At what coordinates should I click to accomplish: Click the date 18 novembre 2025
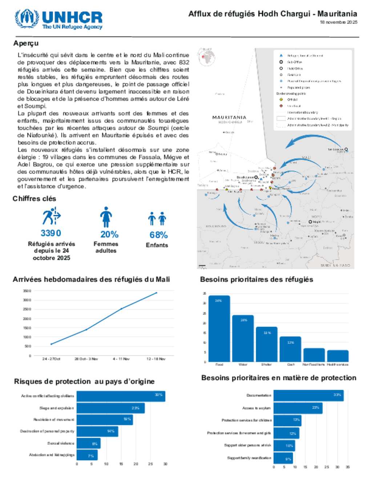pos(338,22)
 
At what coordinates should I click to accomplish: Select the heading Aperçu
pos(26,43)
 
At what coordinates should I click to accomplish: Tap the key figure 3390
pos(51,233)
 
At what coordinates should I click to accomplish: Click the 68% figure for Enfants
pos(158,235)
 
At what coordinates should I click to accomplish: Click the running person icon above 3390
pos(51,217)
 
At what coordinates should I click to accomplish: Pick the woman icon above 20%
pos(106,217)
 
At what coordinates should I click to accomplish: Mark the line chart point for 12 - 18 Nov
pos(156,293)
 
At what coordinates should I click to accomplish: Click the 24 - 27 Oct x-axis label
pos(51,359)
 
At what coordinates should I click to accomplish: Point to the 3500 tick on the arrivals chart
pos(27,291)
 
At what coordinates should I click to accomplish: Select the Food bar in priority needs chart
pos(219,329)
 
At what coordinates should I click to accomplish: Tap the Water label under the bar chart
pos(243,364)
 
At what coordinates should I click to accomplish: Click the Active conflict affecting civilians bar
pos(121,396)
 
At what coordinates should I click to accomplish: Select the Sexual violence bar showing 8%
pos(88,443)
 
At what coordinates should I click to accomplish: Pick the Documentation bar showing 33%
pos(308,396)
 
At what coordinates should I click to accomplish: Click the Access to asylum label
pos(256,408)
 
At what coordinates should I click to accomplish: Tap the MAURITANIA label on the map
pos(229,118)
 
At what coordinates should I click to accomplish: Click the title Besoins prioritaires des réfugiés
pos(256,280)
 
